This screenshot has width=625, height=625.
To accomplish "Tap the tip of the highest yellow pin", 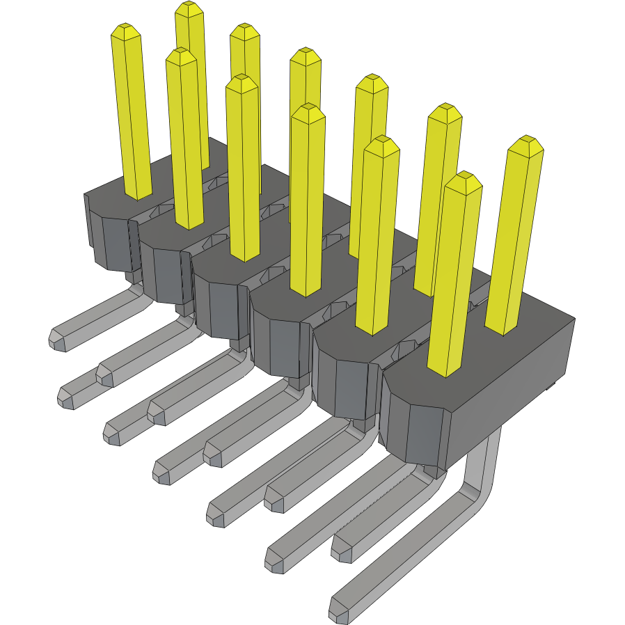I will click(189, 8).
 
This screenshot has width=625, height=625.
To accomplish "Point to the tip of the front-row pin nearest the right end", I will click(464, 180).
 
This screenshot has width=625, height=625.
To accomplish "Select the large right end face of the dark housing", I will click(515, 390).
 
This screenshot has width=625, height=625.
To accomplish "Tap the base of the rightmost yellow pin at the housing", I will click(503, 327).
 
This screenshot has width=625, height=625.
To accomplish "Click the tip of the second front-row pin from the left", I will click(181, 55).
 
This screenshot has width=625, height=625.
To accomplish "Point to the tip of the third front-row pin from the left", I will click(242, 81).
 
